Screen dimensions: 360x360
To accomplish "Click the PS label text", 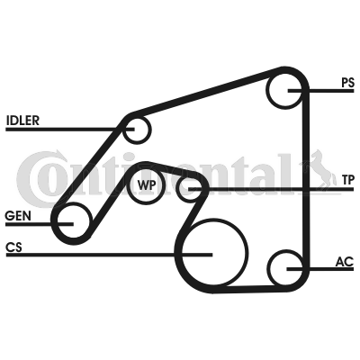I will [x=347, y=82].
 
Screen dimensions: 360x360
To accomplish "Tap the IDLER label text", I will [x=22, y=120].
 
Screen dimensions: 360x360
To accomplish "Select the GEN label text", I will [x=16, y=216].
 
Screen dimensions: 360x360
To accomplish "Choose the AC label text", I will [x=344, y=262].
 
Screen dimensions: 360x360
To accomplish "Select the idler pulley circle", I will [x=136, y=130].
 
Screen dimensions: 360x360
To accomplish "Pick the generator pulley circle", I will [x=71, y=220].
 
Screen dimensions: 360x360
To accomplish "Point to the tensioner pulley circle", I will [x=189, y=189].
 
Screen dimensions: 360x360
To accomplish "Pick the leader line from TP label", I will [x=270, y=190].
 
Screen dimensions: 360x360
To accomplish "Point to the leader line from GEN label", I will [x=31, y=224].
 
